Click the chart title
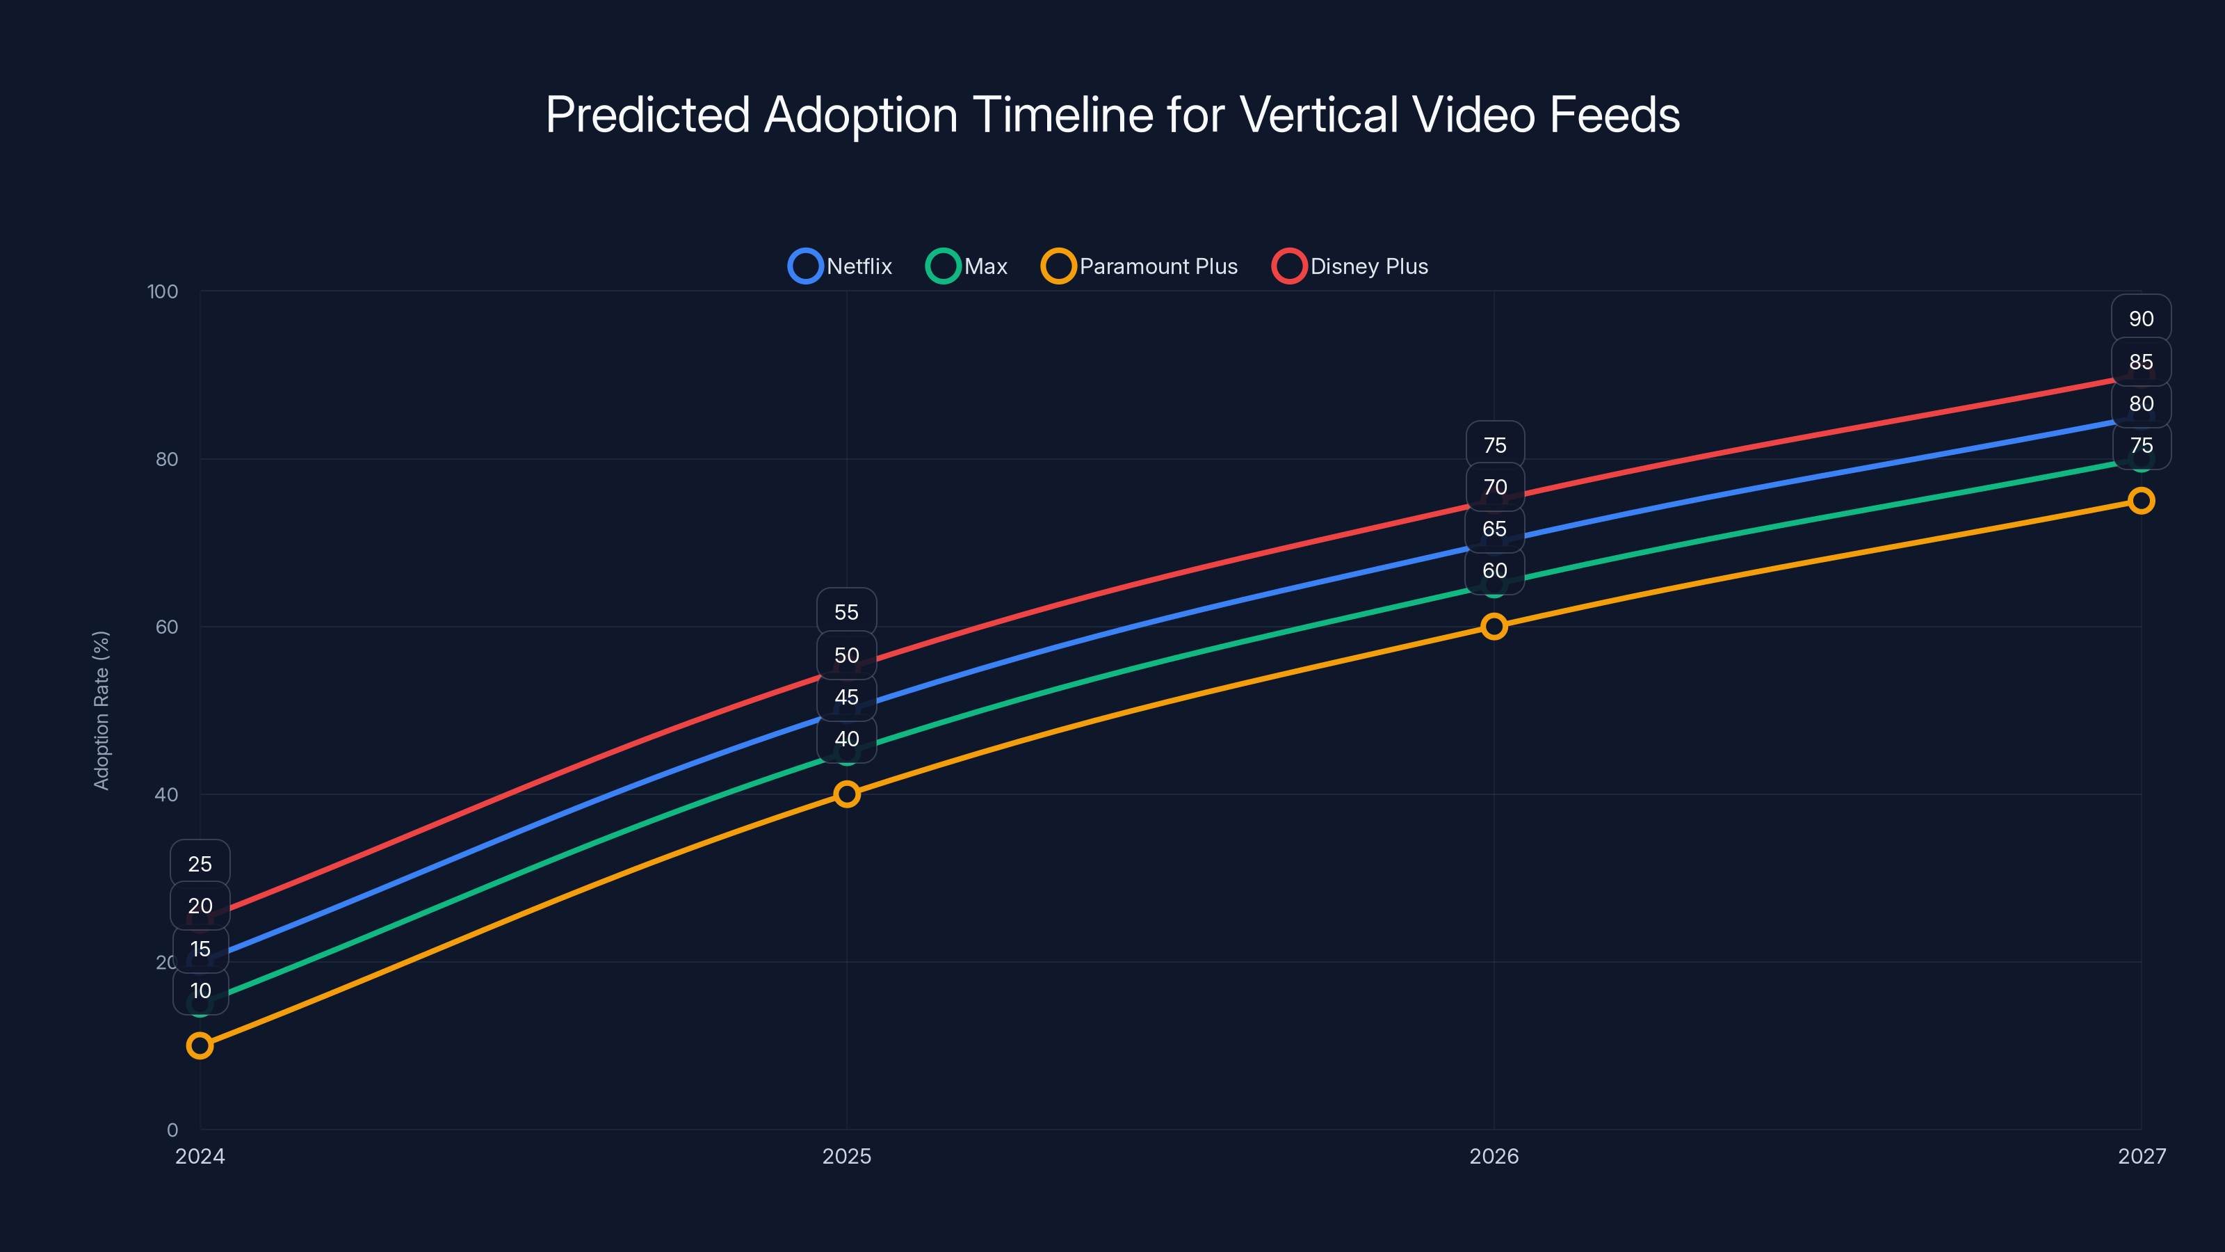point(1112,114)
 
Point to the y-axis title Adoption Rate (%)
point(101,710)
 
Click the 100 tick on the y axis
point(163,291)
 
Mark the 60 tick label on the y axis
point(167,627)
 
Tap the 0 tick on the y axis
point(172,1130)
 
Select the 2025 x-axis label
point(846,1156)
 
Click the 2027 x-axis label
point(2142,1156)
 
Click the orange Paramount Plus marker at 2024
point(200,1045)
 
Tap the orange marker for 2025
point(846,794)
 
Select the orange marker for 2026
point(1494,627)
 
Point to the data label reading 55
point(846,613)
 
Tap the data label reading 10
point(200,991)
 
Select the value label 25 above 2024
point(200,864)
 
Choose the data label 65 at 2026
point(1494,529)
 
